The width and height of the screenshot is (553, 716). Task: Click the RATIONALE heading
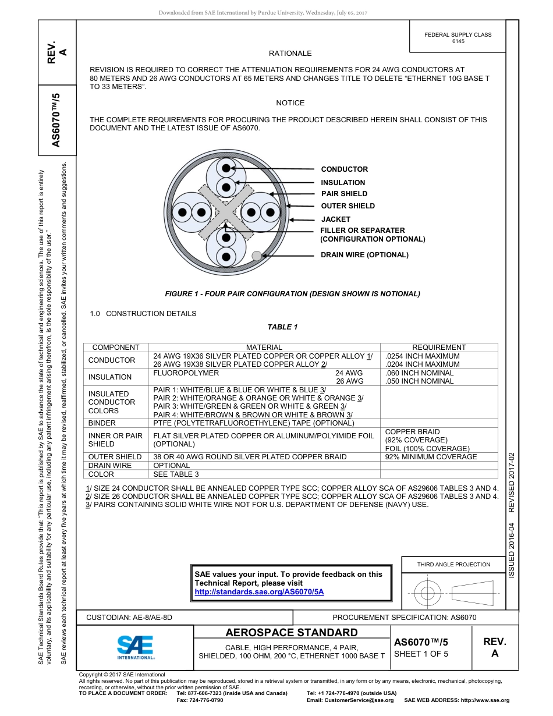[290, 54]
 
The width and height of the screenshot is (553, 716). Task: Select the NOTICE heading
[290, 103]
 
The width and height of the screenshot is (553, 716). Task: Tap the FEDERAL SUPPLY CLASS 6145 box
[458, 38]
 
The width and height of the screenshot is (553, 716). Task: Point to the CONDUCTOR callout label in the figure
[344, 169]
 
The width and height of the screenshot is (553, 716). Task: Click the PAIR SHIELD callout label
[344, 194]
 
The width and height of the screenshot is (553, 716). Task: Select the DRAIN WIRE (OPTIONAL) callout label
[364, 255]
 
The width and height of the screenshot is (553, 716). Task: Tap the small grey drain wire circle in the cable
[256, 255]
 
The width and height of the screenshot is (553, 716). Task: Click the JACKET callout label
[336, 219]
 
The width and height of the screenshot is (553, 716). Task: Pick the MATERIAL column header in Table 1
[264, 348]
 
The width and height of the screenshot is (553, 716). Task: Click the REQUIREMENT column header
[439, 348]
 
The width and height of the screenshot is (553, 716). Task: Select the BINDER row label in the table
[102, 423]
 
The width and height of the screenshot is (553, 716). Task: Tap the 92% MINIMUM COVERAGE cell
[431, 457]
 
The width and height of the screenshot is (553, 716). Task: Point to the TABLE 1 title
[282, 327]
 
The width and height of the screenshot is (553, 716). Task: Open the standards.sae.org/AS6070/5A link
[258, 591]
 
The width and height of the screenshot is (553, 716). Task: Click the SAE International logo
[135, 646]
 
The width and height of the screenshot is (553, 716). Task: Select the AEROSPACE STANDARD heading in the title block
[292, 633]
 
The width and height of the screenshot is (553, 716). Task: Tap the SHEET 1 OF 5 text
[421, 654]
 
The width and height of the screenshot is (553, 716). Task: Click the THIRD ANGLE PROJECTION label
[453, 564]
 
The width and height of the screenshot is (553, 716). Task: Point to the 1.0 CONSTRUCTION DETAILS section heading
[143, 314]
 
